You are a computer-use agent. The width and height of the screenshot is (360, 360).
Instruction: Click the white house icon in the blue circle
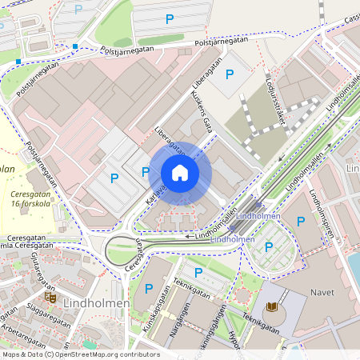pyautogui.click(x=180, y=173)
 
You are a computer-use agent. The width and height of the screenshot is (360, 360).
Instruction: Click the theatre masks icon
pyautogui.click(x=50, y=297)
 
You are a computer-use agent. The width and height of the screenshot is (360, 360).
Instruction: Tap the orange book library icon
pyautogui.click(x=271, y=307)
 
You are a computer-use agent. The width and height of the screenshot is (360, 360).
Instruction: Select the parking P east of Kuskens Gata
pyautogui.click(x=230, y=75)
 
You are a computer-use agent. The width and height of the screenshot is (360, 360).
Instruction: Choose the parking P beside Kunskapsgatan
pyautogui.click(x=149, y=288)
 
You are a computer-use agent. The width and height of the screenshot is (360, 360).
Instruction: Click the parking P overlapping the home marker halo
pyautogui.click(x=146, y=172)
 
